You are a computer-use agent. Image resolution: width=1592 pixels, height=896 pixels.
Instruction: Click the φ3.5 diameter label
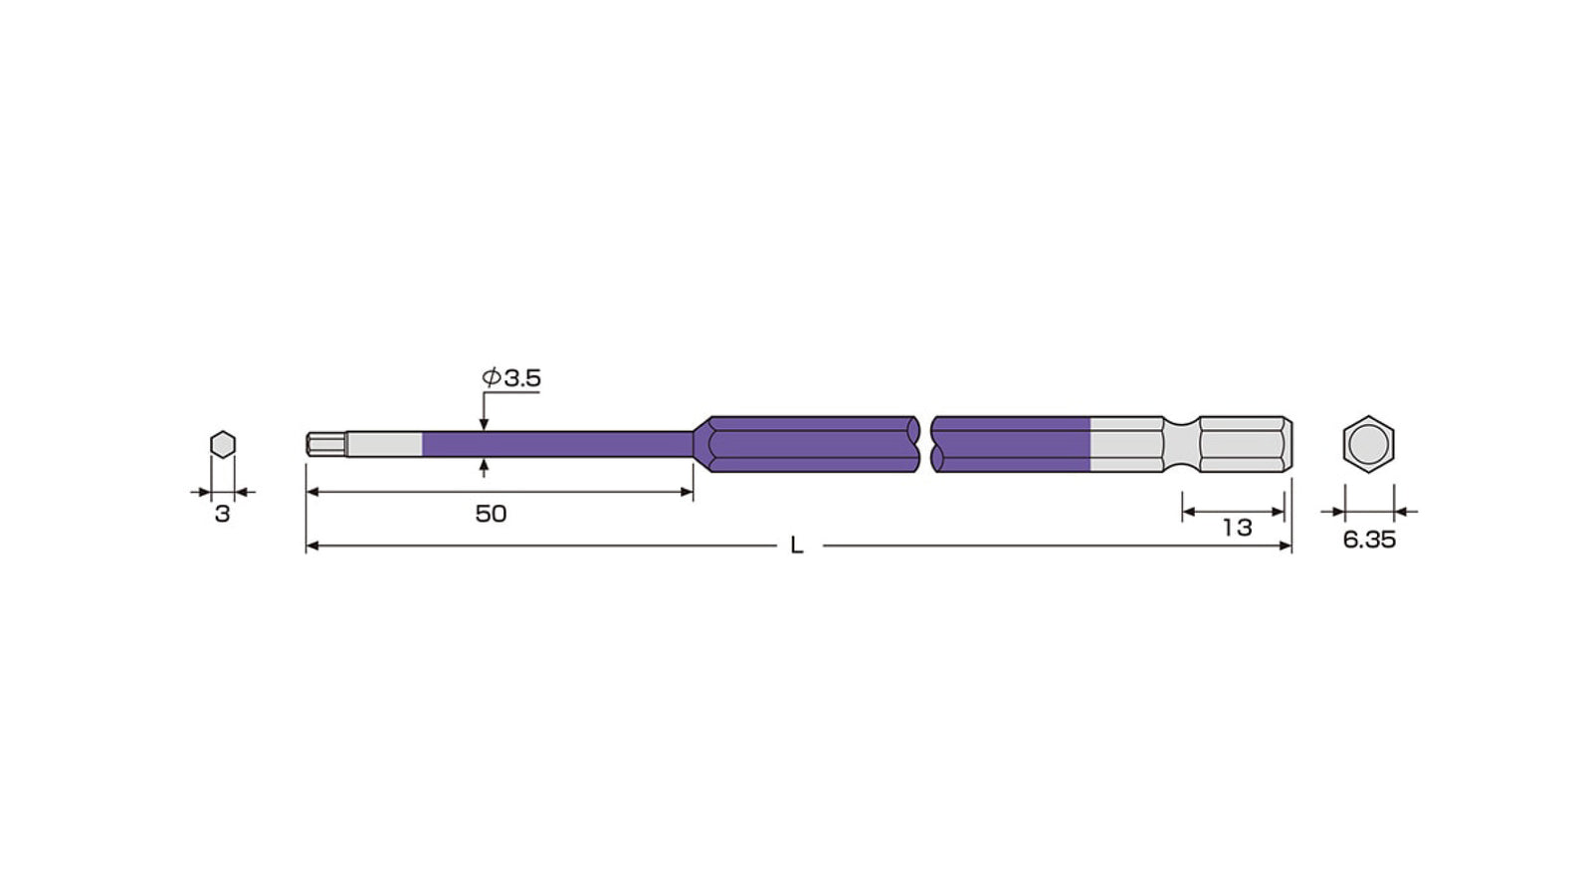511,377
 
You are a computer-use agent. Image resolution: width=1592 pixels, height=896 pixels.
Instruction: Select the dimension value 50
491,514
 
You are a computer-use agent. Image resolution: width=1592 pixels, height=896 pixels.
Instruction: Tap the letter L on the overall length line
797,546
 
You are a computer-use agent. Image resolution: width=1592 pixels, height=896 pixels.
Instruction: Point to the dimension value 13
1237,528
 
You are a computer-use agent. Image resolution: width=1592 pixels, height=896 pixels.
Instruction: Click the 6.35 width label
1369,540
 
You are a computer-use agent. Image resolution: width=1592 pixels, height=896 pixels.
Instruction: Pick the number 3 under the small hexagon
223,514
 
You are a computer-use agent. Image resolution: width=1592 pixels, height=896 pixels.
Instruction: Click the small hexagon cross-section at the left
223,444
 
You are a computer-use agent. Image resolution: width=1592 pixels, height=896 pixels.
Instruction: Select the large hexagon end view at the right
1368,444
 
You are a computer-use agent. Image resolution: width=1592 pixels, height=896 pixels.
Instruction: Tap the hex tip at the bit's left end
326,444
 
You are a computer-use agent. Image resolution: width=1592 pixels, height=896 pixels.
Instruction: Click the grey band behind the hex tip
384,444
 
